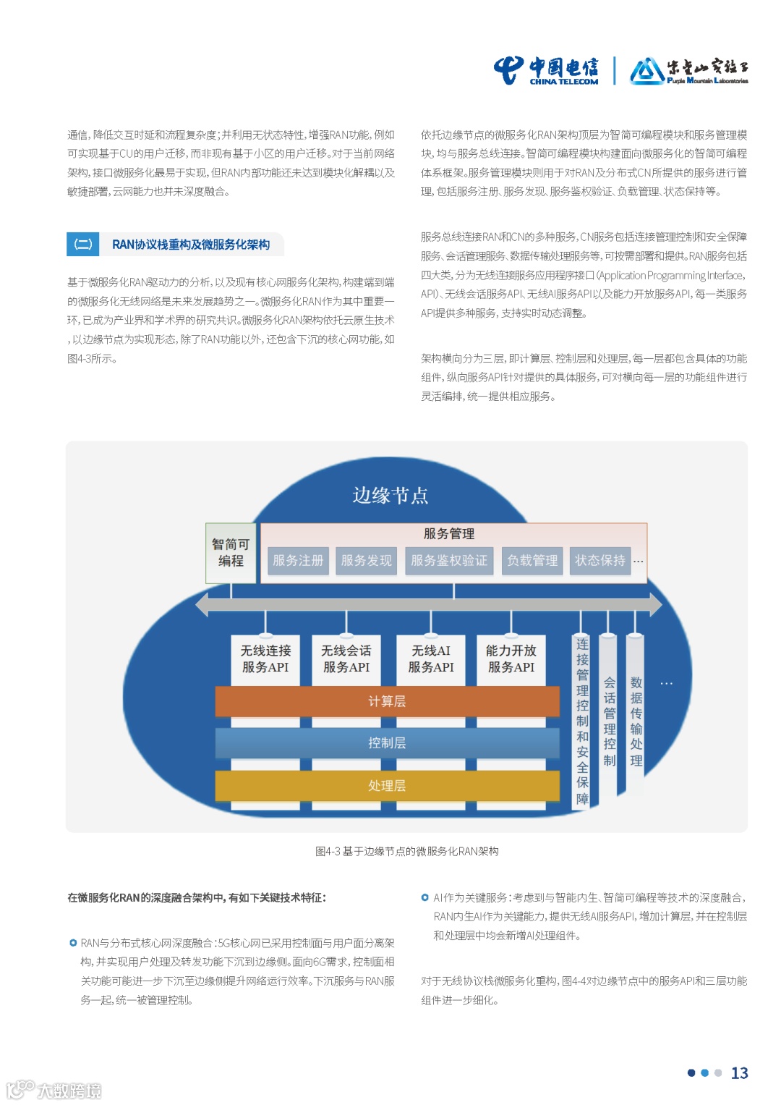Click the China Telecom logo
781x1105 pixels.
(547, 71)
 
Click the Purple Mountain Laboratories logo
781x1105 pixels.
(688, 71)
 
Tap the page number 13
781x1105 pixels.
(739, 1073)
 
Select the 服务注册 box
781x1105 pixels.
(298, 560)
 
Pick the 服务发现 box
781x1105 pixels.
(366, 560)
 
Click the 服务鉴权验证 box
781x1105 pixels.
(449, 560)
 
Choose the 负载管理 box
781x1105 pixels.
(532, 560)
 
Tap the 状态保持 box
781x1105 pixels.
(600, 560)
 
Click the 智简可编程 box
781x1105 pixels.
(231, 553)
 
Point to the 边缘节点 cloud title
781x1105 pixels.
(390, 496)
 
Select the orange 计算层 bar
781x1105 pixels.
(387, 701)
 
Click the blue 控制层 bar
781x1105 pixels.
(387, 743)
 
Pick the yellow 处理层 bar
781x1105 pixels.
(387, 786)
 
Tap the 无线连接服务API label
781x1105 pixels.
(265, 659)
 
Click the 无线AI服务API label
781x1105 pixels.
(431, 659)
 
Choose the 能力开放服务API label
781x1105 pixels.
(511, 659)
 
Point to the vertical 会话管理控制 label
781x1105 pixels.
(610, 721)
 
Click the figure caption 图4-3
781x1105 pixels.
(406, 852)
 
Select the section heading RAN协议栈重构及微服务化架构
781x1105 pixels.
(190, 245)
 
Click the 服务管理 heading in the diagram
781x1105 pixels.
(449, 534)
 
